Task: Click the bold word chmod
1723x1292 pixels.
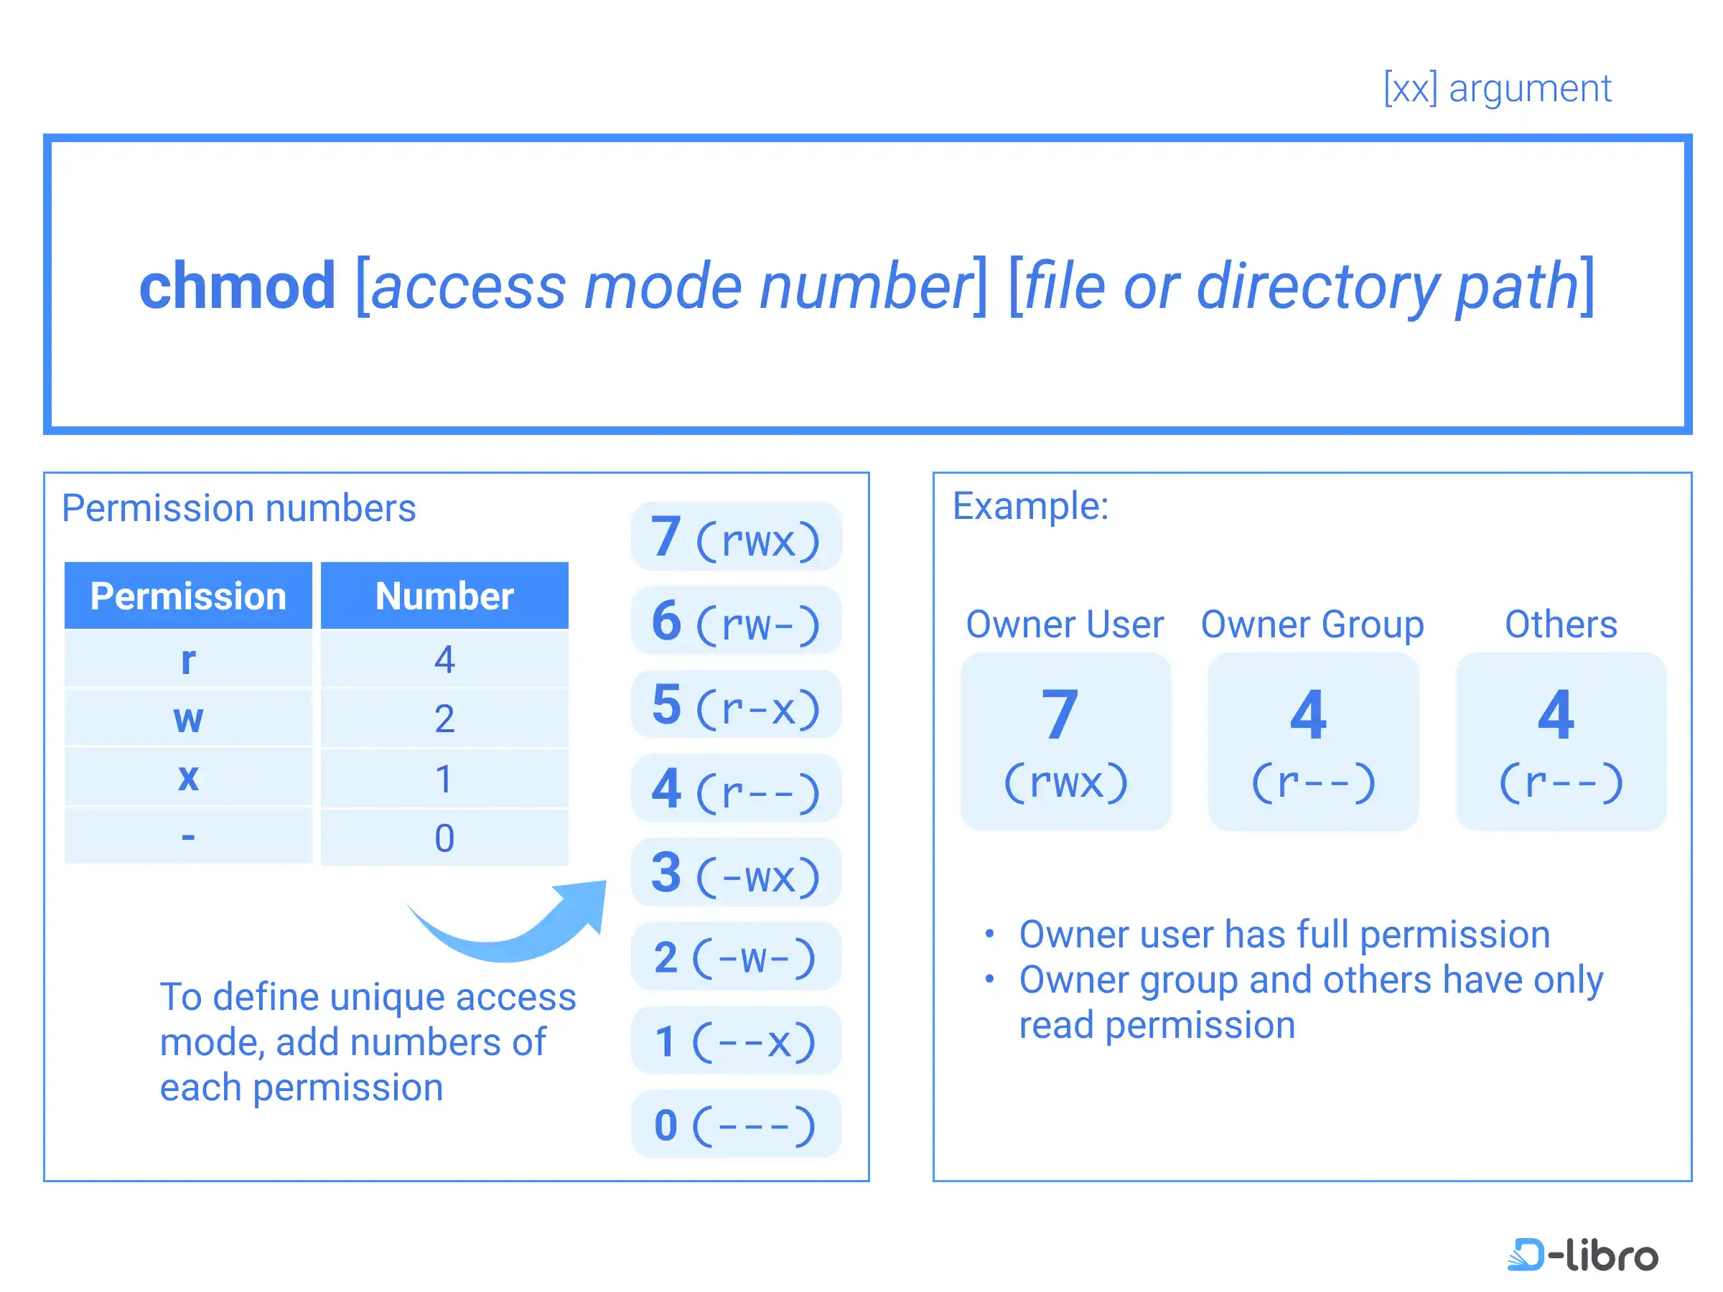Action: coord(237,286)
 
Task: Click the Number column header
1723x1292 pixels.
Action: coord(445,596)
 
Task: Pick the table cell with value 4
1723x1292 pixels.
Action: coord(445,659)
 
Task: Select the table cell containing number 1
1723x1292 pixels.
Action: coord(445,778)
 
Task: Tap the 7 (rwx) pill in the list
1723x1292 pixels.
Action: coord(736,537)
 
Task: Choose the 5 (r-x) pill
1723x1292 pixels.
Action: coord(736,705)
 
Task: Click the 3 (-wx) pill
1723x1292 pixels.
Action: coord(736,873)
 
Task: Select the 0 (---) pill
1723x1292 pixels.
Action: coord(736,1125)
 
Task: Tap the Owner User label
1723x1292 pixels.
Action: coord(1065,624)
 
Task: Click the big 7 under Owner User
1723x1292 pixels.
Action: coord(1060,714)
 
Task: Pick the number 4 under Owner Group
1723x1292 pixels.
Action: coord(1308,714)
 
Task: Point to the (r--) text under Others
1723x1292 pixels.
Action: coord(1560,782)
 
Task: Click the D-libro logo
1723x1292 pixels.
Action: coord(1582,1255)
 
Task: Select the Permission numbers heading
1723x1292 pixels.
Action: coord(239,508)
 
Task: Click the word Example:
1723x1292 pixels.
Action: coord(1030,506)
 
